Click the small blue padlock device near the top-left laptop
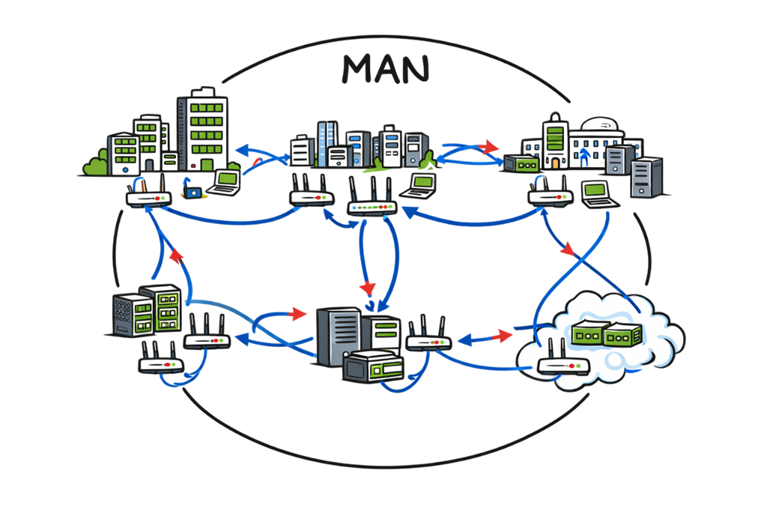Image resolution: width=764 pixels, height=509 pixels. click(x=194, y=192)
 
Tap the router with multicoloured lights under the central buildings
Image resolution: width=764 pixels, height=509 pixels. click(x=372, y=207)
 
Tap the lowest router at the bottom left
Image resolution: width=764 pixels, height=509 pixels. click(x=160, y=364)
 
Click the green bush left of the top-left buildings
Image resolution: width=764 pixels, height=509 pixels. click(x=95, y=164)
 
